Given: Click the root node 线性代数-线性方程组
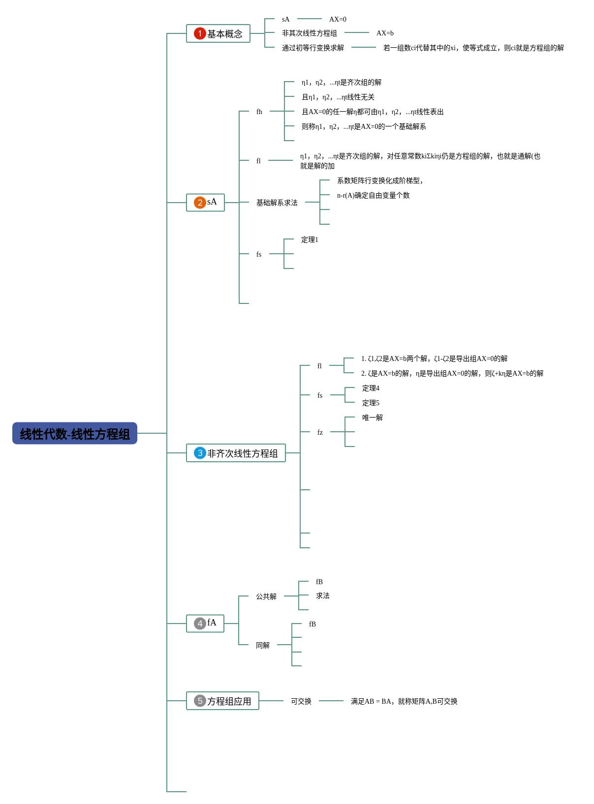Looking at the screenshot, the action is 74,433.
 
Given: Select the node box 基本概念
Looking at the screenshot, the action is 218,33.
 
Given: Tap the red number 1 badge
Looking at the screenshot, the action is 200,33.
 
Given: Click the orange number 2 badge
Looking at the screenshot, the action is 200,202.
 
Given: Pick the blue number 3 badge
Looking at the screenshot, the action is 200,453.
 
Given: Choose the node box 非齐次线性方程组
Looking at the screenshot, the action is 236,453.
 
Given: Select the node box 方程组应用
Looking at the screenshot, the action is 222,701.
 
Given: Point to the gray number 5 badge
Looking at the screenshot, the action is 200,701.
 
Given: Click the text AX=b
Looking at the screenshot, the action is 385,33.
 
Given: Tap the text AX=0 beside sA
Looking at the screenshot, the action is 338,19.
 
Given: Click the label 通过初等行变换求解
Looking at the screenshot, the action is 313,48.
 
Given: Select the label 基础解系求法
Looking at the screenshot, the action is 277,203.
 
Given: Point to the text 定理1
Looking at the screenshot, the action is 310,239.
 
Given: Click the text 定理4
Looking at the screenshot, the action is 371,388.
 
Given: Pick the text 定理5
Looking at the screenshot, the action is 371,403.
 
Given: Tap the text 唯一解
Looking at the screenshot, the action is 372,417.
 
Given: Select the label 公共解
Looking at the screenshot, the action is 266,596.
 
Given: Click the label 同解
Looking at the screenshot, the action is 263,645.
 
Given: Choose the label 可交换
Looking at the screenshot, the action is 301,701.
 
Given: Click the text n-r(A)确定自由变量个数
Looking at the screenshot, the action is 373,195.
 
